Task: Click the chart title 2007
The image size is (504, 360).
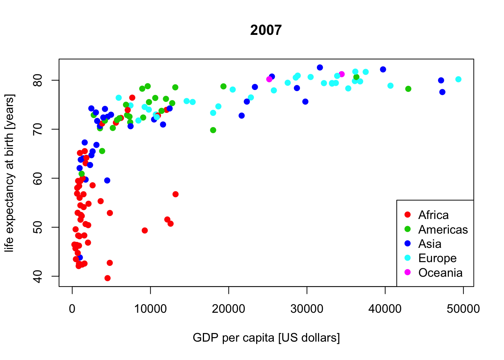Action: [x=266, y=30]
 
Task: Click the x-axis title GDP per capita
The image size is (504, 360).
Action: [x=266, y=337]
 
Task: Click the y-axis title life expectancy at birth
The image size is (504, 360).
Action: [x=9, y=173]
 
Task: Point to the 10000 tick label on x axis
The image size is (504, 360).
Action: [x=150, y=309]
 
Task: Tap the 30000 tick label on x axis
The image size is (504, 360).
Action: [x=307, y=309]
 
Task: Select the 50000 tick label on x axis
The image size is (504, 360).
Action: [x=463, y=309]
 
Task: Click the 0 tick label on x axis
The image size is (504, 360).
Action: [x=72, y=309]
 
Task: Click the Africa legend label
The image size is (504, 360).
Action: [x=433, y=215]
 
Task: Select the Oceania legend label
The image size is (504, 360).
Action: [x=440, y=273]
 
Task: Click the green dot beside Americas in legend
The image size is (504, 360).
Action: [x=408, y=229]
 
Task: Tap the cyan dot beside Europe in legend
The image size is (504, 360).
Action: [x=408, y=258]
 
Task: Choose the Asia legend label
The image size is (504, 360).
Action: [x=430, y=244]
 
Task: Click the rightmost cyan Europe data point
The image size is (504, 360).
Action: [x=458, y=79]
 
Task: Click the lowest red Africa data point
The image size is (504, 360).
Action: [x=108, y=278]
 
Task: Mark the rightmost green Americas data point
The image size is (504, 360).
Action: [x=408, y=89]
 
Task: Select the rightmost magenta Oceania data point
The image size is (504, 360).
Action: [x=342, y=74]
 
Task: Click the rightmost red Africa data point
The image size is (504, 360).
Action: [x=175, y=194]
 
